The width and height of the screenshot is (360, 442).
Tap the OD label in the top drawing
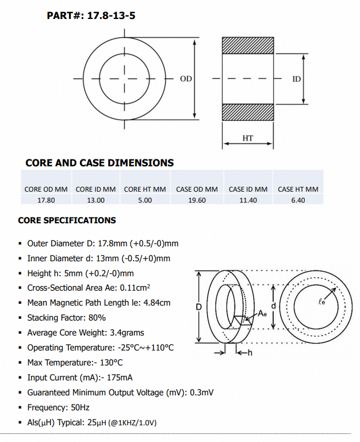(186, 78)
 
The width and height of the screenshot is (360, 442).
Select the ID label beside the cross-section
(297, 78)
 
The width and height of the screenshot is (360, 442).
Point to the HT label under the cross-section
(247, 138)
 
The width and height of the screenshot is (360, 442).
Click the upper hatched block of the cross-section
(248, 45)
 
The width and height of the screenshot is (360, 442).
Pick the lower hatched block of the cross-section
(248, 112)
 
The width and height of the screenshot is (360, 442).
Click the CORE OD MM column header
(46, 189)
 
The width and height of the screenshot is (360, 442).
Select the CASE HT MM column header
(298, 189)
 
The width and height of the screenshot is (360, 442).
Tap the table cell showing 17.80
(46, 200)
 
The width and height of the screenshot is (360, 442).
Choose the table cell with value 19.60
(197, 200)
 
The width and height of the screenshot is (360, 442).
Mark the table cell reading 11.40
(248, 200)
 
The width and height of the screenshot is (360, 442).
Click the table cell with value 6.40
(298, 200)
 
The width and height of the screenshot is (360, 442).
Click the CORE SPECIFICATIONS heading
(67, 220)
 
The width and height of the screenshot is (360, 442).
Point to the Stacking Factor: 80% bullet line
(66, 318)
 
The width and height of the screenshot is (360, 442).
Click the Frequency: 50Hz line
(58, 407)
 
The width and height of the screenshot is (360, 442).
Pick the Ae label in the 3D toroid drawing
(262, 313)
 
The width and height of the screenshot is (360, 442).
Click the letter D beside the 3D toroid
(198, 307)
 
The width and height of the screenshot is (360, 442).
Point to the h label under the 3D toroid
(250, 353)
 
